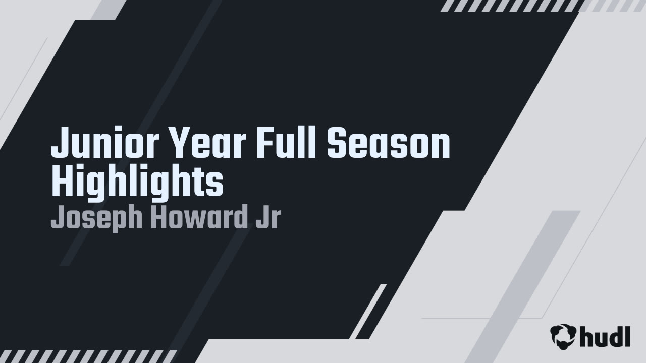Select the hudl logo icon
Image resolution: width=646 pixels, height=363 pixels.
(563, 336)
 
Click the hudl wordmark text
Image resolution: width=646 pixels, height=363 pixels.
(605, 336)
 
